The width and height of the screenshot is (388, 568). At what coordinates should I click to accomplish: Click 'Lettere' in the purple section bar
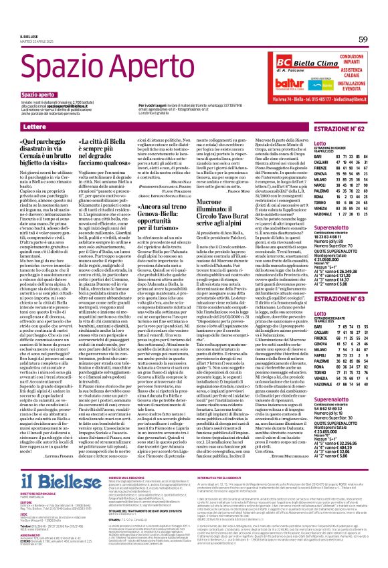point(35,126)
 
